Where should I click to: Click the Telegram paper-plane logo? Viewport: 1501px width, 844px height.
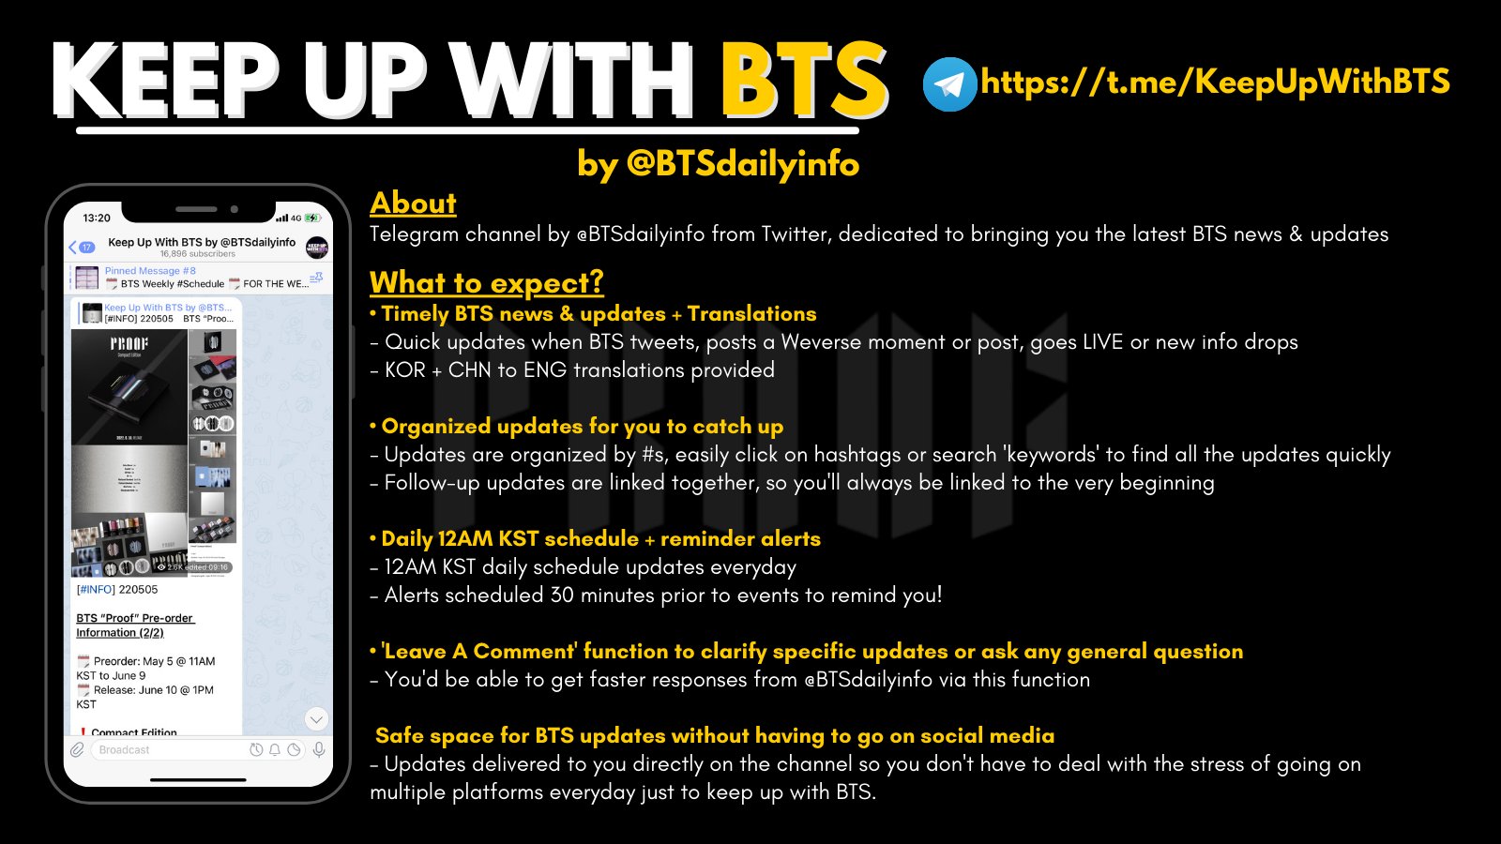949,84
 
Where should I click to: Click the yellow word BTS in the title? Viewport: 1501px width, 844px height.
804,83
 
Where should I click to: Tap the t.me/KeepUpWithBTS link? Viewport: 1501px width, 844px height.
1215,83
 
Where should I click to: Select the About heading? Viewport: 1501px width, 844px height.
413,203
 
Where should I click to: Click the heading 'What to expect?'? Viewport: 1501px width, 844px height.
486,282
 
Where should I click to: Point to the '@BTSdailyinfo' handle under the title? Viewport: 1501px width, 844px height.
742,164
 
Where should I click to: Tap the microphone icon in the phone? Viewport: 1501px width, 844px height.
319,749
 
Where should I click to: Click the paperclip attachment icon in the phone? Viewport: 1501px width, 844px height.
78,749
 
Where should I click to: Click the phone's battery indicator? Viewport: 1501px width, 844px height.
312,218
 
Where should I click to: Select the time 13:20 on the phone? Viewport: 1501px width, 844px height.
97,218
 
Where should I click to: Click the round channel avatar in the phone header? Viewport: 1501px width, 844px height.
317,248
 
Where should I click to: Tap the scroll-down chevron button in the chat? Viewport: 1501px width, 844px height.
316,719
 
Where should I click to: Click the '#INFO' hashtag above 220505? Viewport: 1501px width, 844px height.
96,590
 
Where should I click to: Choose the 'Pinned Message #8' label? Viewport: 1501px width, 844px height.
150,271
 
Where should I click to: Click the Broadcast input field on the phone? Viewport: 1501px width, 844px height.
169,750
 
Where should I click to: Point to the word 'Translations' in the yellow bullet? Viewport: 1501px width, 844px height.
751,313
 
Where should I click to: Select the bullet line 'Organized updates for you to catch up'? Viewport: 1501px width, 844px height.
582,426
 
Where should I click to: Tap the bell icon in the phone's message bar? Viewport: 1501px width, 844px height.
275,750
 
